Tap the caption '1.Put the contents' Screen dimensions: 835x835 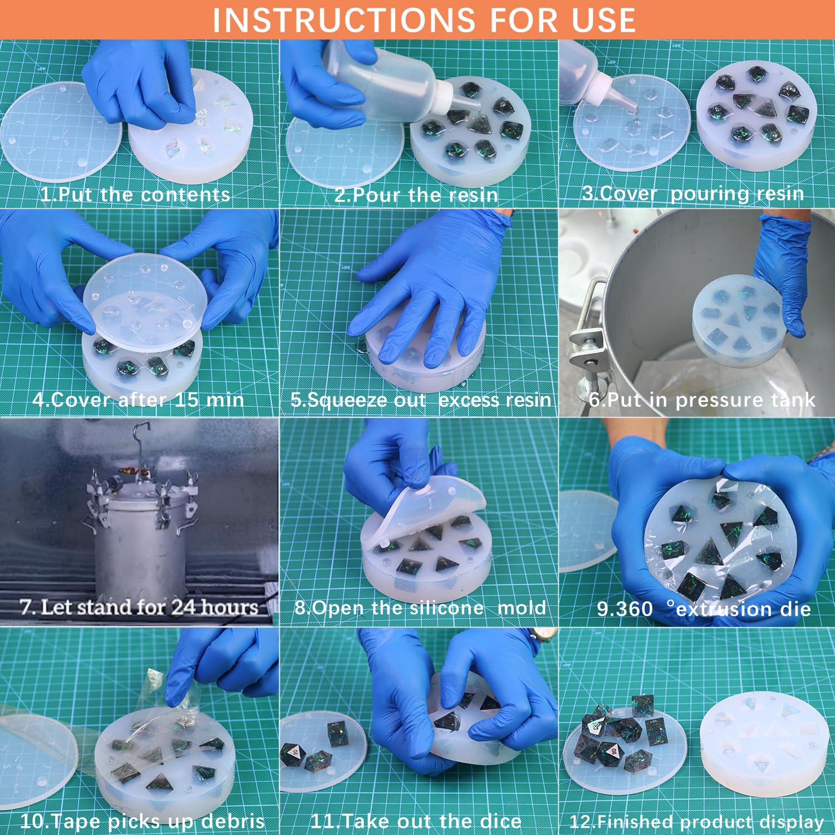135,194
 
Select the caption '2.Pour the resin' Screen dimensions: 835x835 416,194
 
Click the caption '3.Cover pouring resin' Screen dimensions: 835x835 693,193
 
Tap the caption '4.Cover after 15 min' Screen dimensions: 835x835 138,399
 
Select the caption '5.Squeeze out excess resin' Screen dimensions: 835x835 421,400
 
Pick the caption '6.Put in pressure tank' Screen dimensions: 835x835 702,399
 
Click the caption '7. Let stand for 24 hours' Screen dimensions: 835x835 139,606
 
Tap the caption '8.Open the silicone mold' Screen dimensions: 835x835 420,607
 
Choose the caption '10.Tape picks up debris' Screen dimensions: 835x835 143,821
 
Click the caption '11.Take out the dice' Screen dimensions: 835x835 416,821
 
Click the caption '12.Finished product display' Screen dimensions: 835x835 696,822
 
